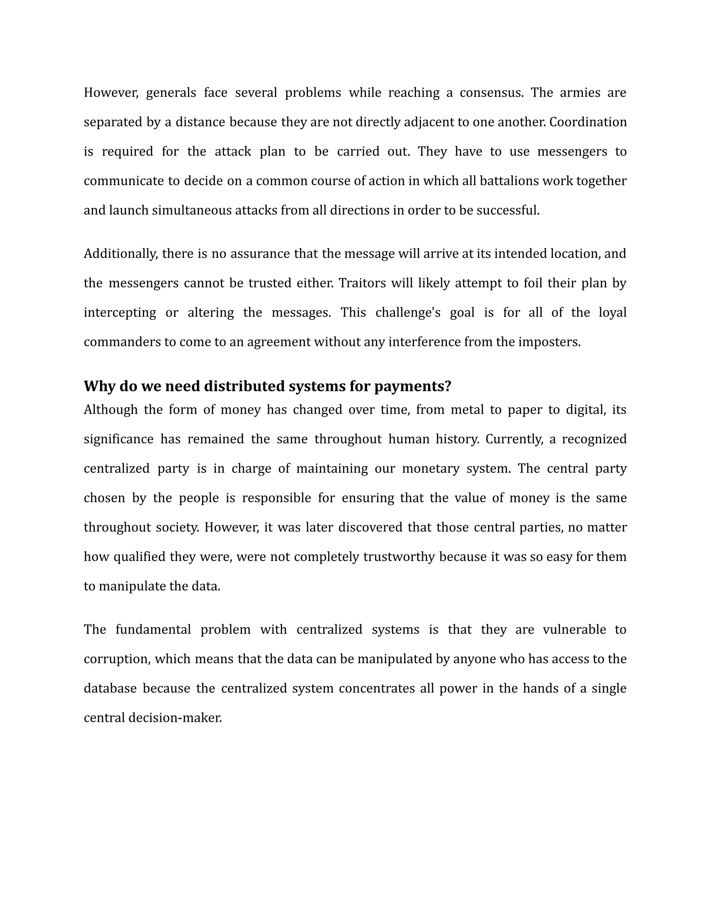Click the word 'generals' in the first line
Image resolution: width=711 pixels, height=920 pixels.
171,93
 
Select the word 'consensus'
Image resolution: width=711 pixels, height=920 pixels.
491,93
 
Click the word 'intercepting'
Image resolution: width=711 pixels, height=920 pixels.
120,312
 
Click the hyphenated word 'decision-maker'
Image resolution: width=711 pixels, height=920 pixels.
175,718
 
